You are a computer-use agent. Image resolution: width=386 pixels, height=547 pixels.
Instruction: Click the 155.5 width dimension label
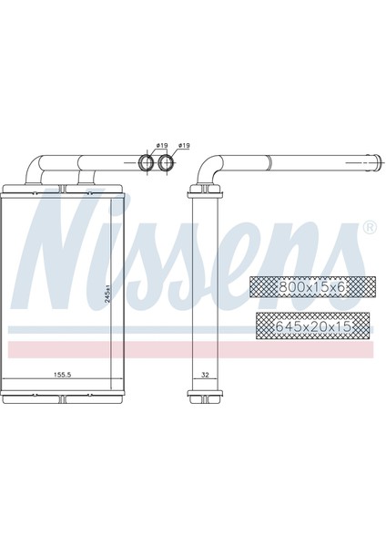(x=63, y=374)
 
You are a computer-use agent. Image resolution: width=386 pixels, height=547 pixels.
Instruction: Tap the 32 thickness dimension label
(x=204, y=374)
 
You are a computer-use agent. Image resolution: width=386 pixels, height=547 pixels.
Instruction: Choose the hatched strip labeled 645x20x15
(x=313, y=324)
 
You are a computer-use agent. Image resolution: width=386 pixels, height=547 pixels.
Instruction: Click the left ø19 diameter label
(x=161, y=146)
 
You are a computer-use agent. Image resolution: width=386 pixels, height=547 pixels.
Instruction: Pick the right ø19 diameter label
(x=185, y=146)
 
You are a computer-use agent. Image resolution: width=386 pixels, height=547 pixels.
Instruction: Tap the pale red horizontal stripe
(x=191, y=349)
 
